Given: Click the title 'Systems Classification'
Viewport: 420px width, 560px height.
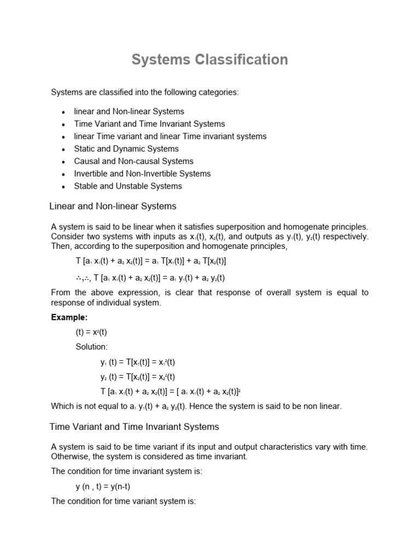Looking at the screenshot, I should (x=209, y=60).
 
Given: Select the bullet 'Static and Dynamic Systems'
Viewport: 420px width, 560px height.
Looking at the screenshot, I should (x=126, y=149).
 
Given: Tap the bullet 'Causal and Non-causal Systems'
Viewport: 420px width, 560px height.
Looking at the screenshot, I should (x=133, y=161).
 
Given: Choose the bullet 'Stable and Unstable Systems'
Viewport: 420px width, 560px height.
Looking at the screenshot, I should (x=128, y=186).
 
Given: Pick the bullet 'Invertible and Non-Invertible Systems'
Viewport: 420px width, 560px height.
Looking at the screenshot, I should (x=142, y=173).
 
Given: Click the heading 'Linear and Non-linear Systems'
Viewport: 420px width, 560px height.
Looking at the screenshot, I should (x=113, y=206).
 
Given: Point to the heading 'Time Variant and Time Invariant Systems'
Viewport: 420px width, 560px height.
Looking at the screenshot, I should (x=135, y=427).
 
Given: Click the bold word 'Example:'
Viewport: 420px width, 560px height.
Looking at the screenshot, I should (x=69, y=317).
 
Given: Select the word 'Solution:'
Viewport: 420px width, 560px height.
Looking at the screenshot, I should (x=92, y=347).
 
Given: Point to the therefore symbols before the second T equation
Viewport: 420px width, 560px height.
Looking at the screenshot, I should (x=83, y=278).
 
